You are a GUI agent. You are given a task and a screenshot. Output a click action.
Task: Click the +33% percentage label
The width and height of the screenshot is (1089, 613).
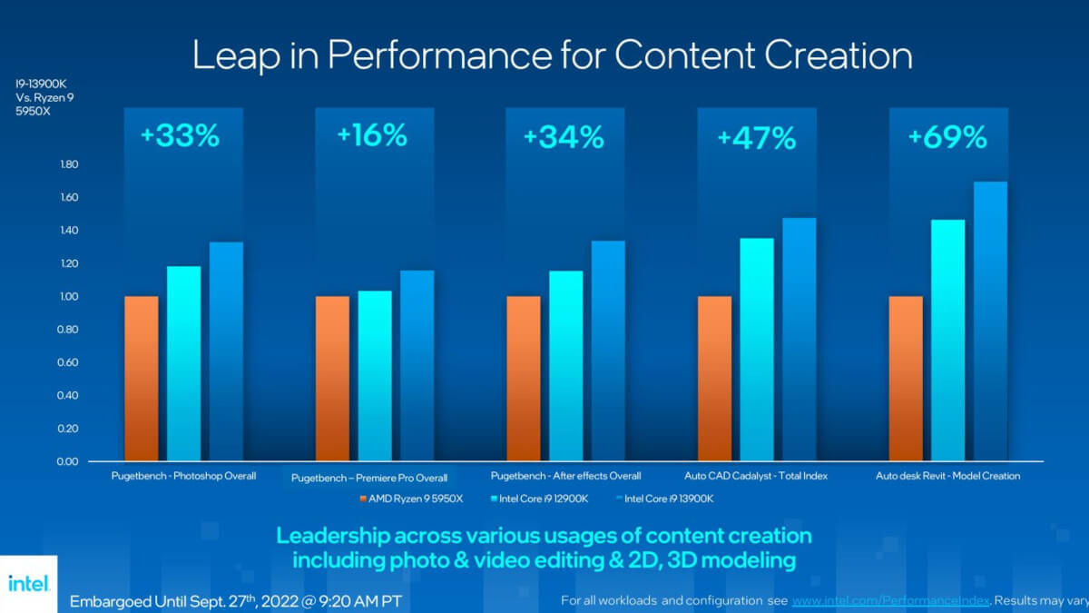point(180,136)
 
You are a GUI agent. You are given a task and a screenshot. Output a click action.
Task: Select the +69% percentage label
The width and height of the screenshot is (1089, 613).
point(947,137)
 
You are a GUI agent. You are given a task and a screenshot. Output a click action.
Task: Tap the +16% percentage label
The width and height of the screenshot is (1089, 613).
point(371,136)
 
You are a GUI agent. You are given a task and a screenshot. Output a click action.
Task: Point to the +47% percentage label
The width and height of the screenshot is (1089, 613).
point(756,138)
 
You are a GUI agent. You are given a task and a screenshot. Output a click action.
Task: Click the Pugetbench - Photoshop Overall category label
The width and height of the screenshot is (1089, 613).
point(183,476)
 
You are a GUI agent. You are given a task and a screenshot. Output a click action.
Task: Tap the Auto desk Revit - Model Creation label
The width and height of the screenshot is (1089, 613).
point(947,476)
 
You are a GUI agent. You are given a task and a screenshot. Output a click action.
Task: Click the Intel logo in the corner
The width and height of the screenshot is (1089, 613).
point(27,583)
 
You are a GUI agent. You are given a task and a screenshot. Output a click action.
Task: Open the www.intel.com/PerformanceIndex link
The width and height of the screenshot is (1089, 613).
point(888,601)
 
